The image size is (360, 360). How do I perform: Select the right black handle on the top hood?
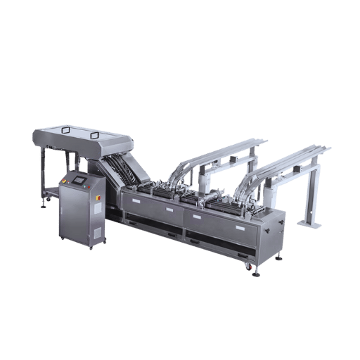click(95, 133)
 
